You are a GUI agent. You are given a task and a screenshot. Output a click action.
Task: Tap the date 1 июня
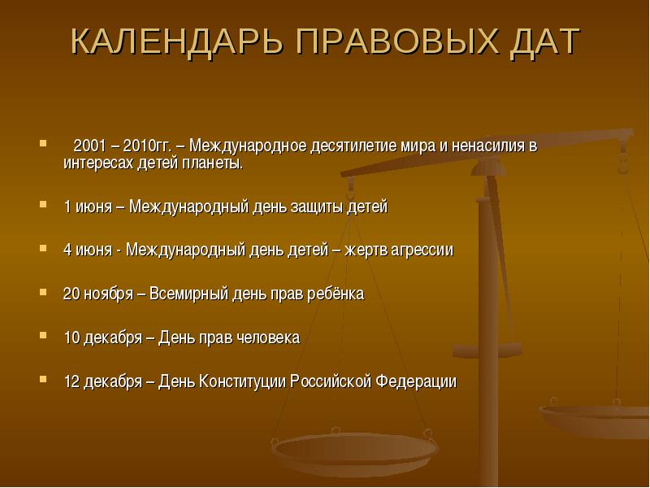(x=88, y=207)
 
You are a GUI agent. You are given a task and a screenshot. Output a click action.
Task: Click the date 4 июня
(x=88, y=250)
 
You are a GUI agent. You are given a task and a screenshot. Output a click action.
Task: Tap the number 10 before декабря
(x=71, y=338)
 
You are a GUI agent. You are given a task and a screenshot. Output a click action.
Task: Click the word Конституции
(x=242, y=381)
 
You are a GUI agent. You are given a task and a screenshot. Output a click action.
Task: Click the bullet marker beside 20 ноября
(x=43, y=291)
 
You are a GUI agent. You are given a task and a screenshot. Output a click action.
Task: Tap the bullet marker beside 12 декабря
(x=43, y=379)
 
